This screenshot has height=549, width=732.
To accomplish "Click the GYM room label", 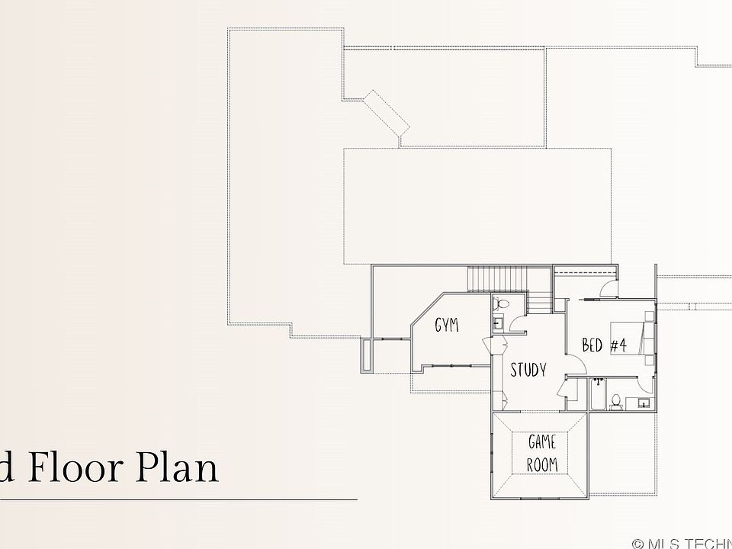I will (447, 326).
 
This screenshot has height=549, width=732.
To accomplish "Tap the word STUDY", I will (528, 371).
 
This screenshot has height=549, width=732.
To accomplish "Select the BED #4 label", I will (604, 345).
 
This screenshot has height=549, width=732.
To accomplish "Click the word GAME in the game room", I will (542, 441).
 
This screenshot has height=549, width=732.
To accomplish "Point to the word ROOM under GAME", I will (542, 464).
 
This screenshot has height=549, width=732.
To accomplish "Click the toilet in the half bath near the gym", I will (501, 303).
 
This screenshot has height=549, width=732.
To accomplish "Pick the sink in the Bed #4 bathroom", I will (643, 402).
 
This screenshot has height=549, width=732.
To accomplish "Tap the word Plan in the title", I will (177, 467).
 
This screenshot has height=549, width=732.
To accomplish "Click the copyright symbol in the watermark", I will (637, 543).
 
